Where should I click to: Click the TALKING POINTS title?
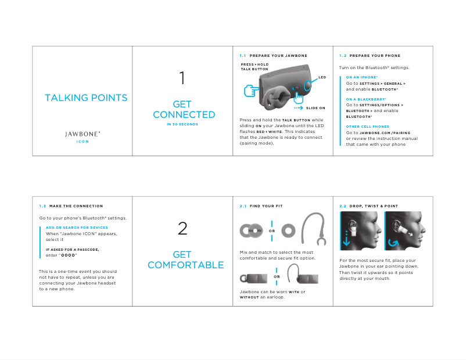pyautogui.click(x=86, y=98)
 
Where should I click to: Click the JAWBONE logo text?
pyautogui.click(x=83, y=134)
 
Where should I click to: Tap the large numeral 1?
pyautogui.click(x=182, y=77)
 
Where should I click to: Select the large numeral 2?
pyautogui.click(x=182, y=229)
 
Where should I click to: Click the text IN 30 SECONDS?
pyautogui.click(x=182, y=124)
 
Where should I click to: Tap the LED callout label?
pyautogui.click(x=322, y=77)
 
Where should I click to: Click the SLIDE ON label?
pyautogui.click(x=316, y=108)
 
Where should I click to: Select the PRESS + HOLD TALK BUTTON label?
pyautogui.click(x=254, y=67)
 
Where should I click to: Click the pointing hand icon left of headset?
pyautogui.click(x=251, y=91)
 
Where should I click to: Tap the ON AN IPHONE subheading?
pyautogui.click(x=361, y=77)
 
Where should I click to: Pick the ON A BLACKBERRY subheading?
pyautogui.click(x=365, y=99)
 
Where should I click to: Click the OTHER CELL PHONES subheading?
pyautogui.click(x=367, y=126)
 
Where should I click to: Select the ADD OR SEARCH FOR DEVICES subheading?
pyautogui.click(x=77, y=228)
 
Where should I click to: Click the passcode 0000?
pyautogui.click(x=69, y=255)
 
